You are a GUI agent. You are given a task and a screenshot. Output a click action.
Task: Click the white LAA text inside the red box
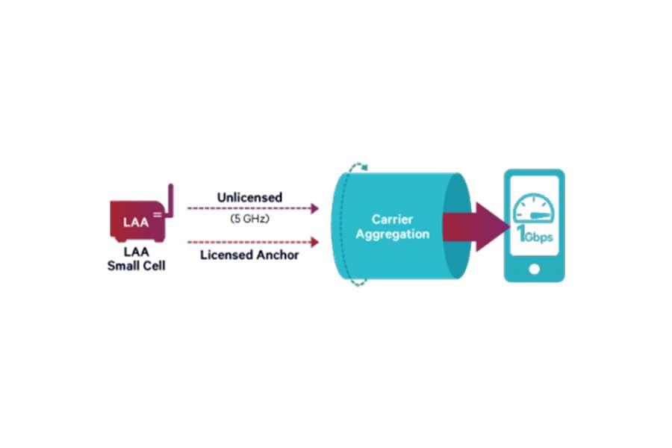136,222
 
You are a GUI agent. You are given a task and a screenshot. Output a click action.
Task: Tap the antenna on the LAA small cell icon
170,201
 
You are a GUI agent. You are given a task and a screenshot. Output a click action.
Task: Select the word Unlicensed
249,197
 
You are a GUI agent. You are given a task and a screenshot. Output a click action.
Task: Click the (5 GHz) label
250,219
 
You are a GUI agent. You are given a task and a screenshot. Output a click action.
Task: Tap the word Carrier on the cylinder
392,219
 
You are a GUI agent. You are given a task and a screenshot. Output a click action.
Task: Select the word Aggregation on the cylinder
392,234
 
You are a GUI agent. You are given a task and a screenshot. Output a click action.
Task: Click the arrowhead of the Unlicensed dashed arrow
315,208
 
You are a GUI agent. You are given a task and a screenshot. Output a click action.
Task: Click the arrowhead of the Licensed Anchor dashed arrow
315,242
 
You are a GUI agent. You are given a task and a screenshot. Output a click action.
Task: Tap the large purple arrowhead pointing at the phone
491,227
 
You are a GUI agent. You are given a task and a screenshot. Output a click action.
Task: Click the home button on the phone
535,270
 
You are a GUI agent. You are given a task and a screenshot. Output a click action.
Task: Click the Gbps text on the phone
538,237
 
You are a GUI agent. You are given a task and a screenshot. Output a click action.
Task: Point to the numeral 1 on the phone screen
520,234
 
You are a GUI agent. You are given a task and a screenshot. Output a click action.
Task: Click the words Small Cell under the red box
137,266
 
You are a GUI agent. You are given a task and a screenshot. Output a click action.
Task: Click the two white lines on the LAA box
158,214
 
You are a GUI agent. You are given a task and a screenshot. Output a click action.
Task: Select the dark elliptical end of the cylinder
457,226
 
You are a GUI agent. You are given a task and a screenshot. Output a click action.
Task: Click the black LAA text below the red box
137,251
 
